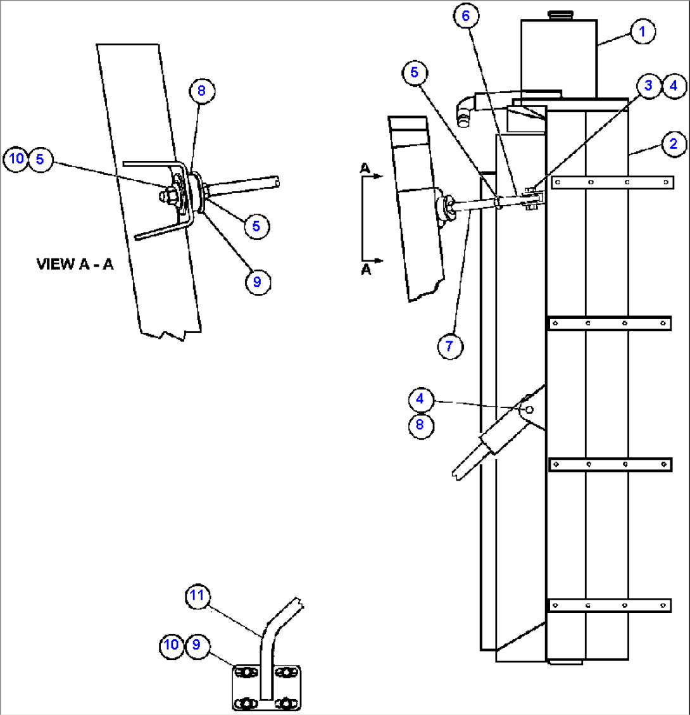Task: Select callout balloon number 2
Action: pos(674,144)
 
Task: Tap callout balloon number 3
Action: pos(649,85)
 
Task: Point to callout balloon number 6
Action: pos(466,16)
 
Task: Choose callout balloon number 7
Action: pos(450,346)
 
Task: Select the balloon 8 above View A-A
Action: pos(201,91)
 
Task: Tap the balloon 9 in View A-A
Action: pos(257,282)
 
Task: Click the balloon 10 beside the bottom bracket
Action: pos(171,645)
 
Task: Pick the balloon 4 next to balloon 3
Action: pos(674,85)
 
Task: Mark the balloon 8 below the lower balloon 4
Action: pos(420,424)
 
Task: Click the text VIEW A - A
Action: pos(75,265)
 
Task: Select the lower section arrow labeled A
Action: pos(370,261)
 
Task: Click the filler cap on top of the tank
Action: pos(558,14)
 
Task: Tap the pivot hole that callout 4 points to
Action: pos(530,410)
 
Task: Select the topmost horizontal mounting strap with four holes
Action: pos(612,183)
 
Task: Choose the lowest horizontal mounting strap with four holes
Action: pos(609,605)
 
